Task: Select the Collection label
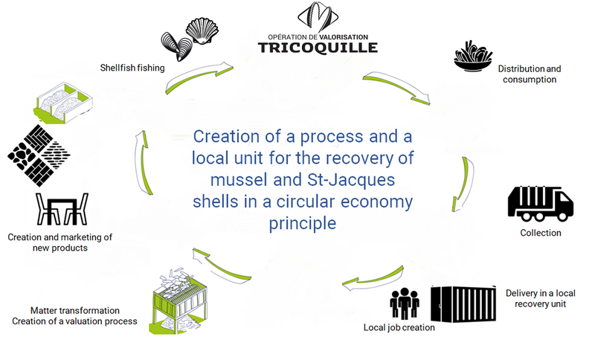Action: [541, 233]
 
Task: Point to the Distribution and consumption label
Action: [530, 74]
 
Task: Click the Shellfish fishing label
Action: [132, 68]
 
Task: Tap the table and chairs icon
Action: [62, 211]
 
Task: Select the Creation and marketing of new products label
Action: [59, 242]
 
